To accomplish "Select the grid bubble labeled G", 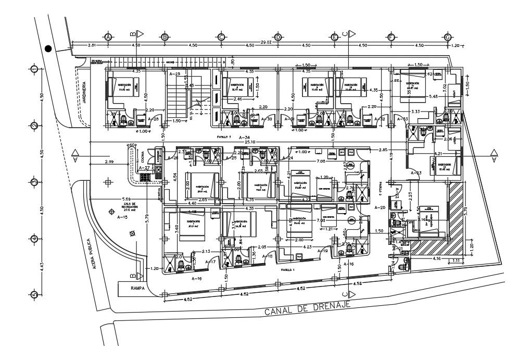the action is click(x=447, y=37).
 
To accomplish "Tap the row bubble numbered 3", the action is click(x=34, y=182).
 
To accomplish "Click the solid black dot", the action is click(x=48, y=48).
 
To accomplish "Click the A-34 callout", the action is click(x=244, y=137).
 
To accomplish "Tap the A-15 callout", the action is click(x=122, y=217).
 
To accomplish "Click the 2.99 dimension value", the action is click(x=109, y=162).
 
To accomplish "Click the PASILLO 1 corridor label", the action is click(x=287, y=270).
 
